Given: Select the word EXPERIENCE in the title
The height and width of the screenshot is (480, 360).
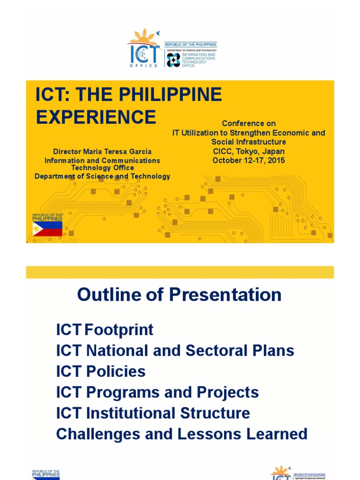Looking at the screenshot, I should (96, 117).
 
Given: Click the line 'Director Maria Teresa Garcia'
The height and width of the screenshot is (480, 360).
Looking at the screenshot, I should (102, 151).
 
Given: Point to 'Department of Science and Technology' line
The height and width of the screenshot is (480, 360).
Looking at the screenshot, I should (102, 176).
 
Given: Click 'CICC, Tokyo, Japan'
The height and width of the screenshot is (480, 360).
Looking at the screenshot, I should (248, 151).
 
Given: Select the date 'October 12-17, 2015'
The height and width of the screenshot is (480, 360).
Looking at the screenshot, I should (248, 161).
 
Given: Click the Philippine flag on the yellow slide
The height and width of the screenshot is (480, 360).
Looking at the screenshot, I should (47, 229).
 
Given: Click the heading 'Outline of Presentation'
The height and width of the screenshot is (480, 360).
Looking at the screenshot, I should (180, 295).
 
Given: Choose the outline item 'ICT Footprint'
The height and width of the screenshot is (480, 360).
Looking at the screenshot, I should (105, 330).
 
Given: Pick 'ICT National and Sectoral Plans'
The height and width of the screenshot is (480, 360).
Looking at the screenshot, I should (175, 351).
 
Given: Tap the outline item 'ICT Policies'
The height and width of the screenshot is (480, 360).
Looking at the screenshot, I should (101, 372).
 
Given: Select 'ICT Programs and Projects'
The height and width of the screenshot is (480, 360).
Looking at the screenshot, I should (157, 392).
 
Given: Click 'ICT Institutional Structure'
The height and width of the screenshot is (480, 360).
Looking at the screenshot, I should (153, 413).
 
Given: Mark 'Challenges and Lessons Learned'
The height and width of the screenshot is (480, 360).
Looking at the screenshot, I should (181, 434).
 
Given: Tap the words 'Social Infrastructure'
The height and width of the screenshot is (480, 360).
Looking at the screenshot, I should (248, 142).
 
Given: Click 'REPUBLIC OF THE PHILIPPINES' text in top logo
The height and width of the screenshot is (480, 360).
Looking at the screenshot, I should (190, 45).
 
